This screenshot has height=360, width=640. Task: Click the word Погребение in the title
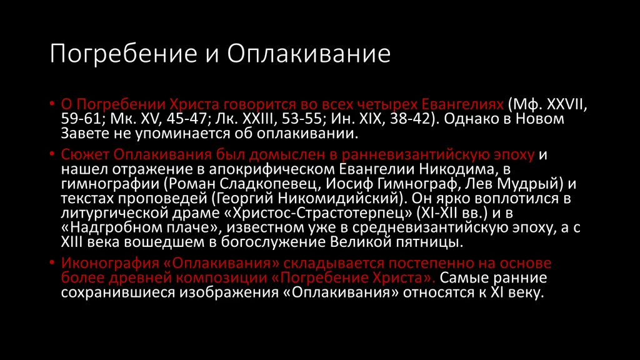tap(124, 54)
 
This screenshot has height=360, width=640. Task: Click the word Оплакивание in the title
tap(309, 54)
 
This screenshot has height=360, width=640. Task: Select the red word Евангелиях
tap(462, 105)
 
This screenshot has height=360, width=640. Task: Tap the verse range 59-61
tap(81, 119)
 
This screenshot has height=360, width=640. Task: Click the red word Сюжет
tap(85, 155)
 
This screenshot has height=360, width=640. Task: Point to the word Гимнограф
tap(418, 184)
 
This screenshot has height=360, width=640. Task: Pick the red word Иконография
tap(109, 263)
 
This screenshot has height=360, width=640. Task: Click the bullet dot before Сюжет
tap(52, 154)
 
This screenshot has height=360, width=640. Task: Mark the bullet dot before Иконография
tap(52, 262)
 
